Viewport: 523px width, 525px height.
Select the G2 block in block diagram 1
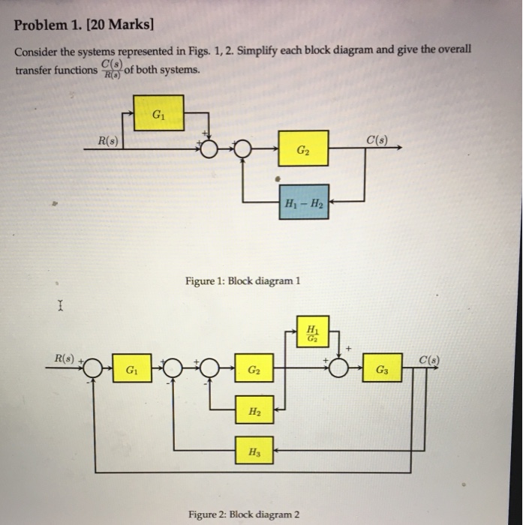pyautogui.click(x=302, y=149)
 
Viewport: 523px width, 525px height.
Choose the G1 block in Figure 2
pyautogui.click(x=131, y=370)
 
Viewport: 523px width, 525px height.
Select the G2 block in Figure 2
pyautogui.click(x=255, y=370)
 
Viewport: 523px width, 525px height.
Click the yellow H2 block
pyautogui.click(x=255, y=411)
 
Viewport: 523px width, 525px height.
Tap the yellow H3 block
pyautogui.click(x=255, y=451)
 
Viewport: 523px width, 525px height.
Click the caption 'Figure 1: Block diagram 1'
pyautogui.click(x=242, y=281)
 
